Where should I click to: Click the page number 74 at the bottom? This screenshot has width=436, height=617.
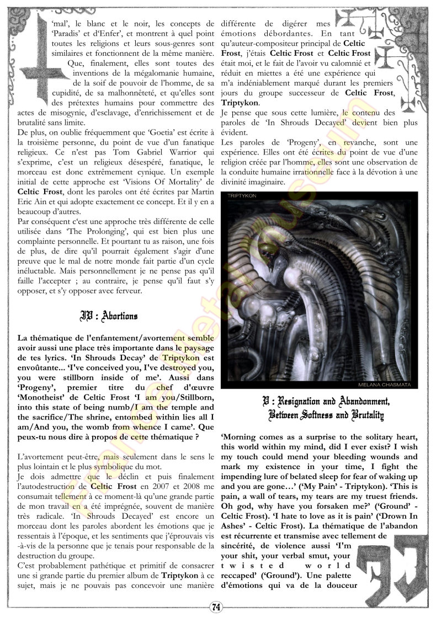(216, 607)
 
